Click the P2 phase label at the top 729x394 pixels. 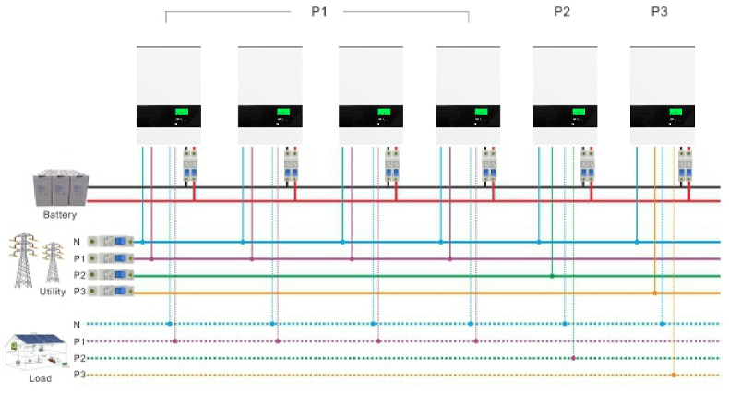pos(563,11)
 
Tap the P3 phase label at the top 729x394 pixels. pos(661,11)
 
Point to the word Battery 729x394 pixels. pos(59,215)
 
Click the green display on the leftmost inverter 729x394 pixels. pos(182,112)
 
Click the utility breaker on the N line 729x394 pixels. pos(116,242)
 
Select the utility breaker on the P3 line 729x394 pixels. pos(116,293)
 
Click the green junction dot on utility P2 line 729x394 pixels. pos(552,276)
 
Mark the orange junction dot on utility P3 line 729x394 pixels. pos(654,293)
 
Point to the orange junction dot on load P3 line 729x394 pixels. pos(675,376)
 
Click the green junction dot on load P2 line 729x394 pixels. pos(574,358)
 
